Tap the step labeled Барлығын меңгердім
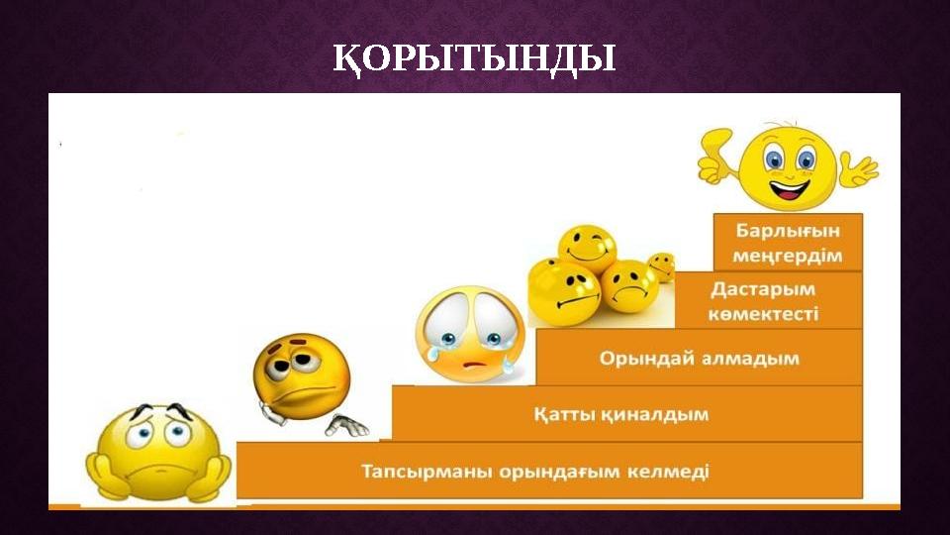[788, 243]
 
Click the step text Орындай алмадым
[699, 358]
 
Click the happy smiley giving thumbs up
[789, 165]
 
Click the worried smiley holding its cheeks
[159, 451]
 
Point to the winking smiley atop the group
[587, 247]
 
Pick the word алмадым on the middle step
[746, 358]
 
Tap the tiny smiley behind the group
[661, 266]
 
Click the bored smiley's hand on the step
[346, 425]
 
